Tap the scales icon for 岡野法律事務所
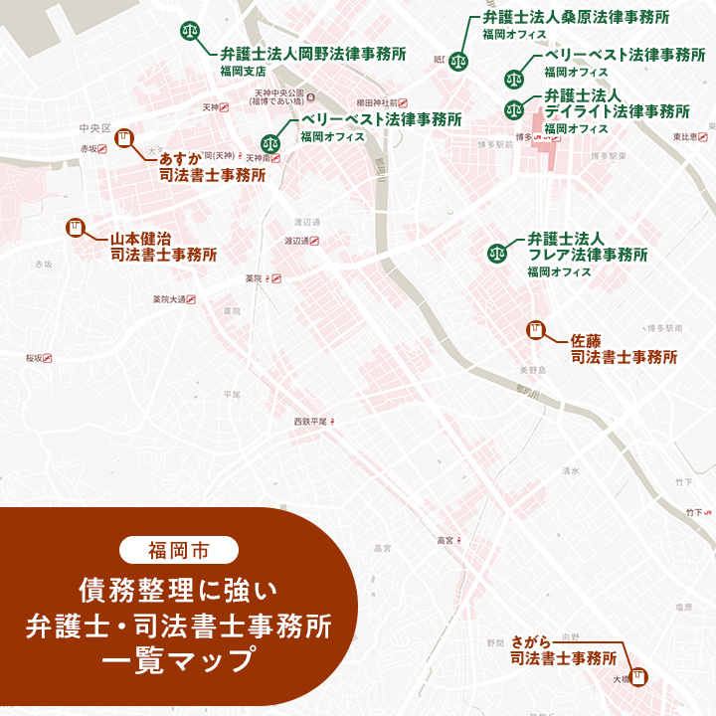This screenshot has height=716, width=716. coord(189,31)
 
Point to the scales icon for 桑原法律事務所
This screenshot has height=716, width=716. coord(458,60)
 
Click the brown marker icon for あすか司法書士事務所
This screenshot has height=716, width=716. coord(124,138)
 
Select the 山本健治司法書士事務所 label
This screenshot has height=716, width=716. coord(163,247)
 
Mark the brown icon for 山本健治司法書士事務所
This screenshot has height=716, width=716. coord(74,228)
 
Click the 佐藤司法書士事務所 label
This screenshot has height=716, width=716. coord(624,347)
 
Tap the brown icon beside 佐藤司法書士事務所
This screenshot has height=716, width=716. coord(535,329)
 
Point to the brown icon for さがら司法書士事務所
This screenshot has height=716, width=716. coord(637,674)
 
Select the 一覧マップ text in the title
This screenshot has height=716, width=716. coord(178,661)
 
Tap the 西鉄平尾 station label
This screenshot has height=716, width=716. coord(310,423)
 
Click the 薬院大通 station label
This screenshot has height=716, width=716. coord(169,299)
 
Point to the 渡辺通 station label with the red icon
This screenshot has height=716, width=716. coord(299,241)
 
